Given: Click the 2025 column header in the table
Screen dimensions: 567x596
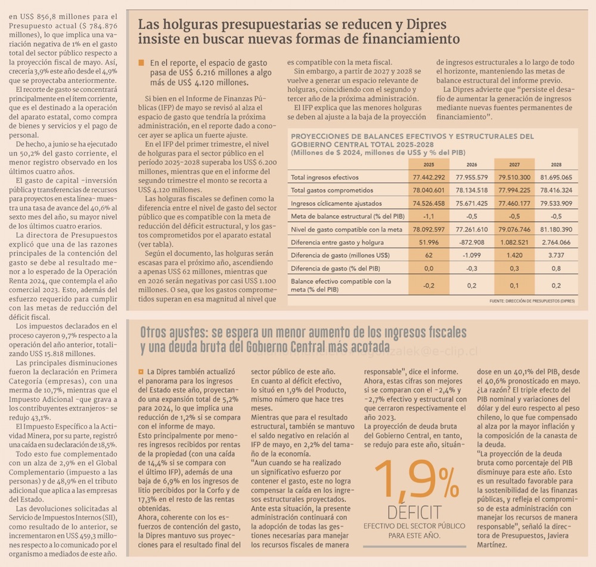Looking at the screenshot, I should click(429, 164).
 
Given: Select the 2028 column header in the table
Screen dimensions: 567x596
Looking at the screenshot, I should click(556, 164).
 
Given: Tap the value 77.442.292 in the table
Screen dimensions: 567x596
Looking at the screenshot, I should click(429, 177).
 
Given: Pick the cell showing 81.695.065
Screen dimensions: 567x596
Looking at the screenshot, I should click(556, 177).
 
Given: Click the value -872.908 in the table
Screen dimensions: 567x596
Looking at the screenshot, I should click(471, 242).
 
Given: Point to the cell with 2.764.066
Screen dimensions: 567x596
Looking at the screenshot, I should click(556, 242).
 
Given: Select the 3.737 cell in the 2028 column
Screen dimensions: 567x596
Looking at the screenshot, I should click(556, 255).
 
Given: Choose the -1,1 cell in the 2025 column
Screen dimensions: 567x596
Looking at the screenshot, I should click(429, 216).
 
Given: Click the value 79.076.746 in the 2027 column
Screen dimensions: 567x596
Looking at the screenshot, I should click(514, 229).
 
